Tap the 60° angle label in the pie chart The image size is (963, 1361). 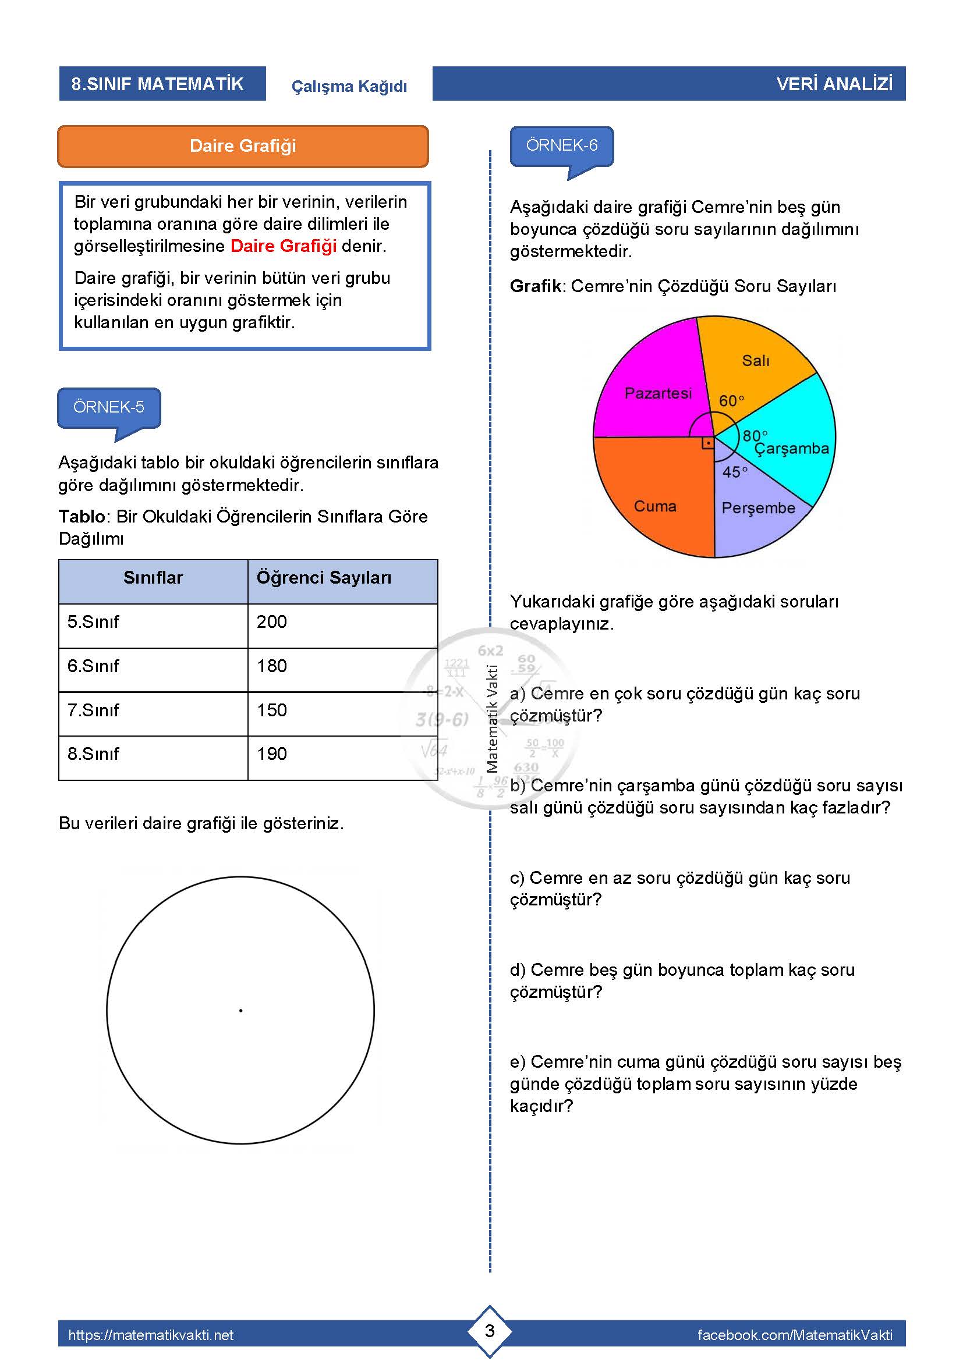click(x=731, y=401)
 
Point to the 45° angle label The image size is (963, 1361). click(x=734, y=472)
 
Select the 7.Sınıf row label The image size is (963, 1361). click(x=93, y=710)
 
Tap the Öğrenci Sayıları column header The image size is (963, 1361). click(x=324, y=578)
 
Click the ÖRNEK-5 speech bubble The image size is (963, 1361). click(x=108, y=407)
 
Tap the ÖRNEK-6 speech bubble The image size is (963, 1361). click(x=561, y=146)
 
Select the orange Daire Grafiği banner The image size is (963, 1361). click(x=243, y=147)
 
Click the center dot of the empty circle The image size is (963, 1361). click(x=241, y=1010)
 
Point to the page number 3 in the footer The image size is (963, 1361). click(x=490, y=1331)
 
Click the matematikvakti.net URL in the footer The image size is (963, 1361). click(x=151, y=1335)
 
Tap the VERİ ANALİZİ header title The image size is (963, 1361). click(x=834, y=84)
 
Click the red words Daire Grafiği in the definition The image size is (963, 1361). click(x=284, y=246)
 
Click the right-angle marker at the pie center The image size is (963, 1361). click(x=707, y=443)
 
